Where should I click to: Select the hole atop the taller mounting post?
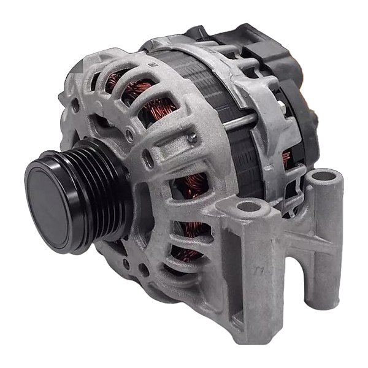click(321, 179)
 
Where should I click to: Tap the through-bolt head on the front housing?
click(193, 138)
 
